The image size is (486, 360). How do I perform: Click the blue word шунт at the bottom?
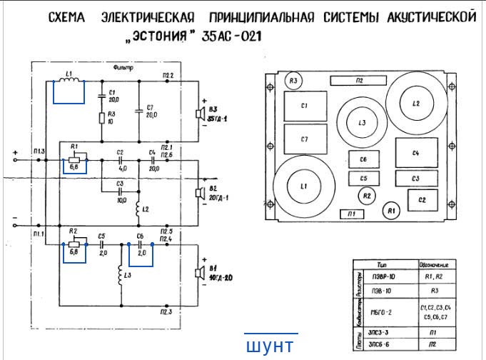pos(269,346)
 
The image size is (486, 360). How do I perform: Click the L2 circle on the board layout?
pos(415,104)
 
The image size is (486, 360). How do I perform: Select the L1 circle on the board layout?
pos(304,186)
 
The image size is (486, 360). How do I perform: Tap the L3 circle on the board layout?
pos(362,123)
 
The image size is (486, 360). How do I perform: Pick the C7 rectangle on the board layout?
pos(304,139)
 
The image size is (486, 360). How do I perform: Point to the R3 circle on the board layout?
pos(293,81)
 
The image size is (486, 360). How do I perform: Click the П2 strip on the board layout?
pos(360,81)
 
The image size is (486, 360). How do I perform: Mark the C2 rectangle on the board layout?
pos(422,200)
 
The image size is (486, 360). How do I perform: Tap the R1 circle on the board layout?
pos(390,211)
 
